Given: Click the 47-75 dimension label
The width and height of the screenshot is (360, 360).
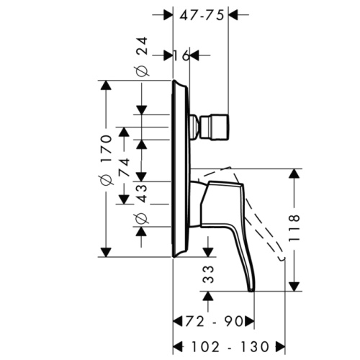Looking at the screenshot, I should coord(201,12).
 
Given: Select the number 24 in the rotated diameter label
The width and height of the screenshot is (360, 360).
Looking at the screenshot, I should coord(141,48).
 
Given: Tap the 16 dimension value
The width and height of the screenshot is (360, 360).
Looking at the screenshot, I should coord(181,55).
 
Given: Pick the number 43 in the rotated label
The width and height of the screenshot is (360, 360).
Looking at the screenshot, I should coord(141,192).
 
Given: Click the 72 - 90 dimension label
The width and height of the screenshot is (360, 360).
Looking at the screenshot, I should coord(214,318).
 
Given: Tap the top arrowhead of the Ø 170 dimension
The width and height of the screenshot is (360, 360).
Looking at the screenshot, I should coord(106,85).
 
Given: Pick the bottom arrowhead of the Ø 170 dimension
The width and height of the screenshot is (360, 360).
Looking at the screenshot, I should coord(106,251).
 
